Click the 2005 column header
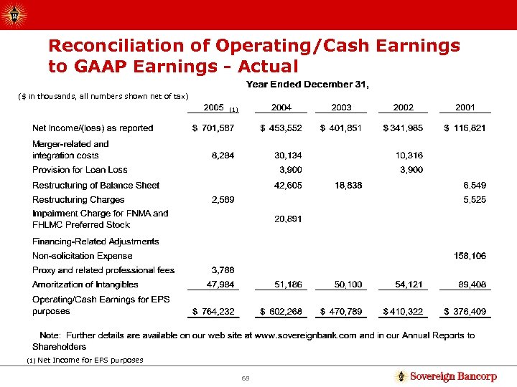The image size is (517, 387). [214, 107]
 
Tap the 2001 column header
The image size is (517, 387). [465, 107]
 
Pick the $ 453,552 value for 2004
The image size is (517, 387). [280, 128]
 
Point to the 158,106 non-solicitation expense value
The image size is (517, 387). [470, 256]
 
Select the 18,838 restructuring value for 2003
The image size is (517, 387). [348, 186]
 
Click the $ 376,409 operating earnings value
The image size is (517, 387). [465, 312]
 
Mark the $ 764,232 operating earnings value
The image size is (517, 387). [214, 312]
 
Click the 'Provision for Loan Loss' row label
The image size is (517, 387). [80, 170]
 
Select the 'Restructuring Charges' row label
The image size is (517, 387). [78, 200]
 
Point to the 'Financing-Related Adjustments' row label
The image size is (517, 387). [96, 242]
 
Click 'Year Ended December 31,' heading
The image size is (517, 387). [308, 85]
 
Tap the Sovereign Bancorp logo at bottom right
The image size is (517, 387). [445, 376]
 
